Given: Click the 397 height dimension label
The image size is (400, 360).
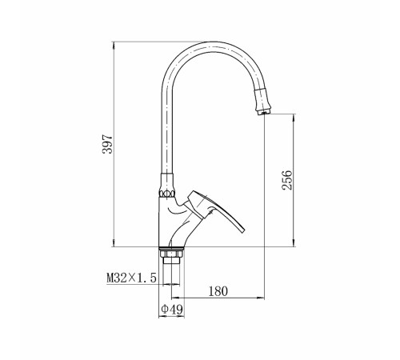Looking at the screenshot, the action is [108, 144].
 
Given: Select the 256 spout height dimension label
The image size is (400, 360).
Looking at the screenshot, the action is [287, 180].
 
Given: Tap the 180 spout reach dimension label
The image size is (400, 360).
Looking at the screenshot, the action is [218, 291].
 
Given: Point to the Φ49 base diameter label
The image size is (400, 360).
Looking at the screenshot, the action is [172, 310].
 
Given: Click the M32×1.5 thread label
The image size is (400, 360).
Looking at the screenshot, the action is [131, 278].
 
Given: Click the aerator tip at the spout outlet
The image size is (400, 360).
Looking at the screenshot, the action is [264, 114].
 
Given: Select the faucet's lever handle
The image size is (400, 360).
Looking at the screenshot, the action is [214, 210].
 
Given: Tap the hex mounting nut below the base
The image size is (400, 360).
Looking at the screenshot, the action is [171, 253].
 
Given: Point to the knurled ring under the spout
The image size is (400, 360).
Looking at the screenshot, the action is [167, 194].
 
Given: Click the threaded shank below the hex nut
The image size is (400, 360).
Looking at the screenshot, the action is [171, 270].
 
